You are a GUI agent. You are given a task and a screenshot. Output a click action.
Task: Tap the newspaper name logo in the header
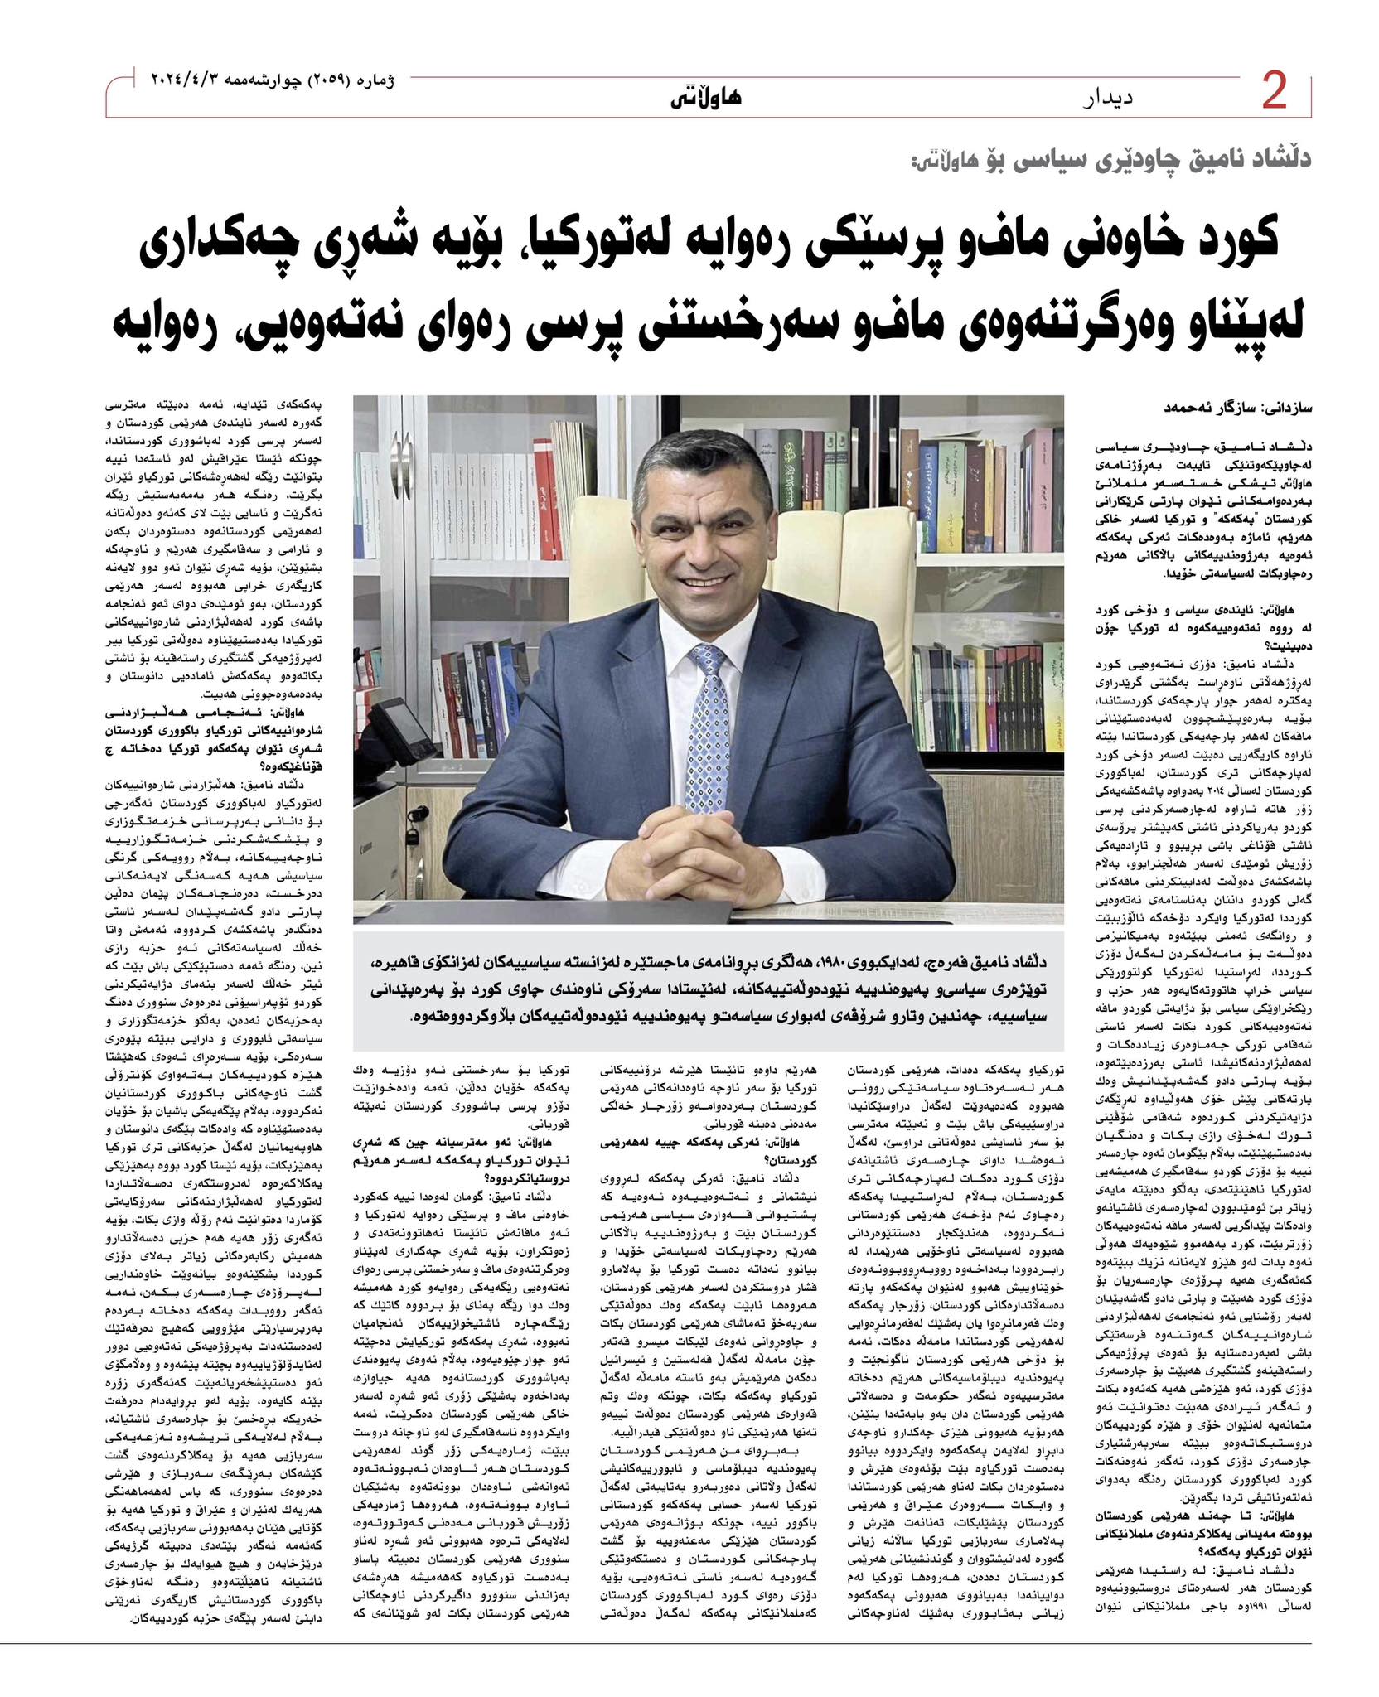706,97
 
